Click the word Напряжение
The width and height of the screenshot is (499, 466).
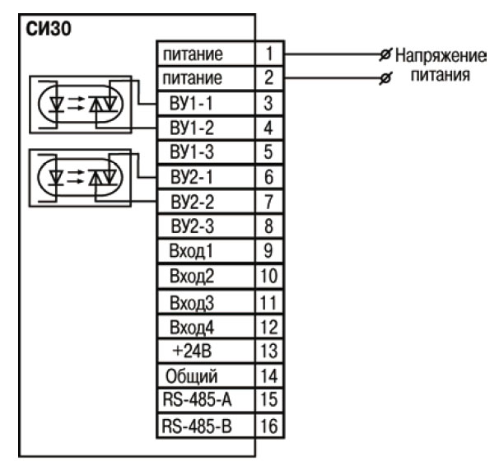[441, 57]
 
